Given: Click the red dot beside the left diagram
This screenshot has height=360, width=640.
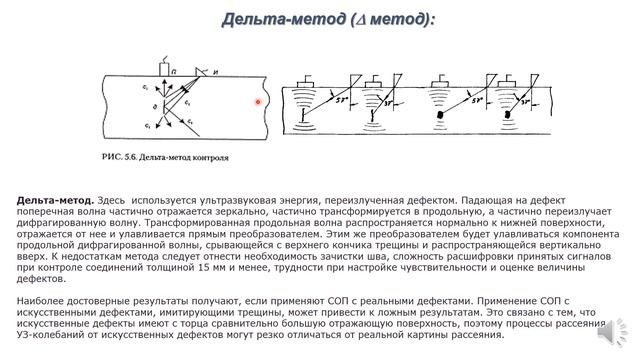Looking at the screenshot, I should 257,101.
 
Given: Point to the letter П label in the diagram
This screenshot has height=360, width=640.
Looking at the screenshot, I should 174,72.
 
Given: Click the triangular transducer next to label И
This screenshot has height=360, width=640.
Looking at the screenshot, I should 201,72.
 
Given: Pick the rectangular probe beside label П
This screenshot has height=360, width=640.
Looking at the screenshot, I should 163,72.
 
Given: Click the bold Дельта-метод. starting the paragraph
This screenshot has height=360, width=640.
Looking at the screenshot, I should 48,200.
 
